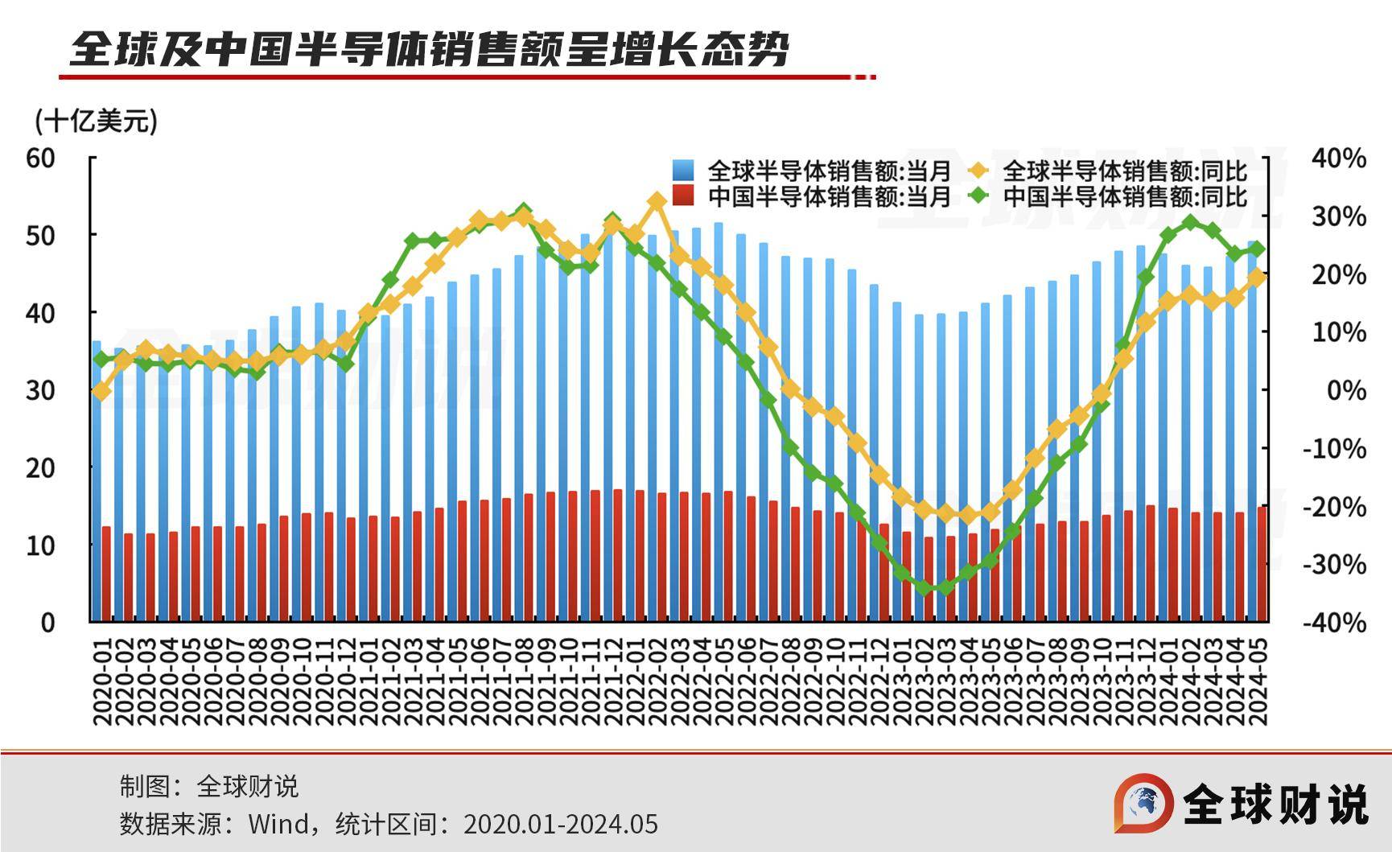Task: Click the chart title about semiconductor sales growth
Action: [429, 50]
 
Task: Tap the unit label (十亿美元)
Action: [96, 121]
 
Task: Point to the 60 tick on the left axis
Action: [41, 158]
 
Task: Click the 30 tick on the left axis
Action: [41, 390]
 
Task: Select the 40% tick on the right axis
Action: [1339, 158]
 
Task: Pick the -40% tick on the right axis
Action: [1335, 622]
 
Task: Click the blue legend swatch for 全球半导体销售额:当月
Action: [682, 171]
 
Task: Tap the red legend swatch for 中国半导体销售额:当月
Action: [682, 196]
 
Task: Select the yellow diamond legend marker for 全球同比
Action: [978, 171]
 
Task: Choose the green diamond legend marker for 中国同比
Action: [978, 196]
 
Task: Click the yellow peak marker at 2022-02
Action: [657, 202]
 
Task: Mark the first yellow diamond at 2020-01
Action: [101, 392]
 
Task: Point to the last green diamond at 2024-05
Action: [1257, 249]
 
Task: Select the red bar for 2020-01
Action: [106, 574]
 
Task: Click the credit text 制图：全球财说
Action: [209, 786]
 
